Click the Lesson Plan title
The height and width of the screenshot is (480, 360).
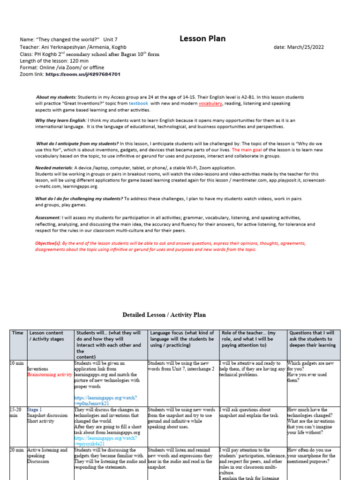point(202,39)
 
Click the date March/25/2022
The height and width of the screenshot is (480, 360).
point(299,47)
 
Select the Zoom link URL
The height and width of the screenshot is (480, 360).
point(83,75)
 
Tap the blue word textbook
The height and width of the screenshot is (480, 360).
point(138,103)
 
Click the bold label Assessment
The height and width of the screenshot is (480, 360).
point(48,218)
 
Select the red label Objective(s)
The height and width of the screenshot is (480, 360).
point(48,243)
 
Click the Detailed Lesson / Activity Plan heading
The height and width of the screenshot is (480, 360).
point(164,315)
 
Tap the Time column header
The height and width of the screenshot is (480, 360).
point(18,333)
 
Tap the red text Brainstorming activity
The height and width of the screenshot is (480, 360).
point(50,375)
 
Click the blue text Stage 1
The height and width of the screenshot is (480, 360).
point(34,409)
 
